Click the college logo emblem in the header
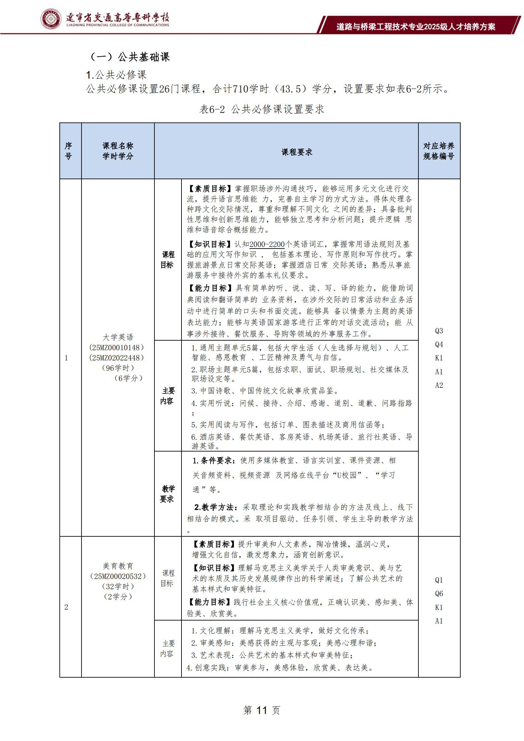click(x=51, y=19)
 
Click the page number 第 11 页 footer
click(x=261, y=710)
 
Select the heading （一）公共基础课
click(x=130, y=57)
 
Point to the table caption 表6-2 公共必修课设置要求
click(x=262, y=109)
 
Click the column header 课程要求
click(x=297, y=152)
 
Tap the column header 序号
click(x=68, y=151)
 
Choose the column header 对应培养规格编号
click(x=439, y=151)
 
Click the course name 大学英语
click(x=118, y=337)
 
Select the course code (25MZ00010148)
click(x=117, y=347)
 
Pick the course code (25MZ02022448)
click(x=117, y=357)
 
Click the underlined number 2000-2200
click(x=267, y=245)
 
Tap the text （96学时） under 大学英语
click(x=118, y=368)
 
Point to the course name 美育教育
click(x=118, y=566)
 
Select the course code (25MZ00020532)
click(x=118, y=576)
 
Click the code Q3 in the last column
click(x=439, y=331)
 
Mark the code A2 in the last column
click(x=439, y=385)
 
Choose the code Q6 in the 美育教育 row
click(x=439, y=593)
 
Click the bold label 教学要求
click(x=168, y=494)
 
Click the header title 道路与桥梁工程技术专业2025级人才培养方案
click(x=416, y=27)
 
